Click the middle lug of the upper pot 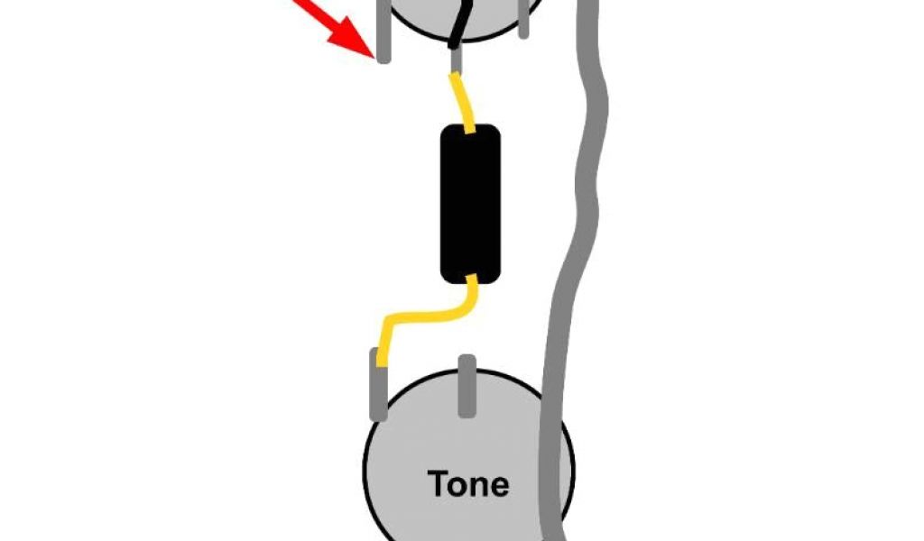tap(457, 60)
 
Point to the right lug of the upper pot tap(523, 23)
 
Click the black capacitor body tap(470, 203)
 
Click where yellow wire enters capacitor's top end tap(469, 129)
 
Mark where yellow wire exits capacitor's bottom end tap(471, 280)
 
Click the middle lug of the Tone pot tap(467, 386)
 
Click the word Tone tap(468, 484)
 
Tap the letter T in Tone tap(439, 484)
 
